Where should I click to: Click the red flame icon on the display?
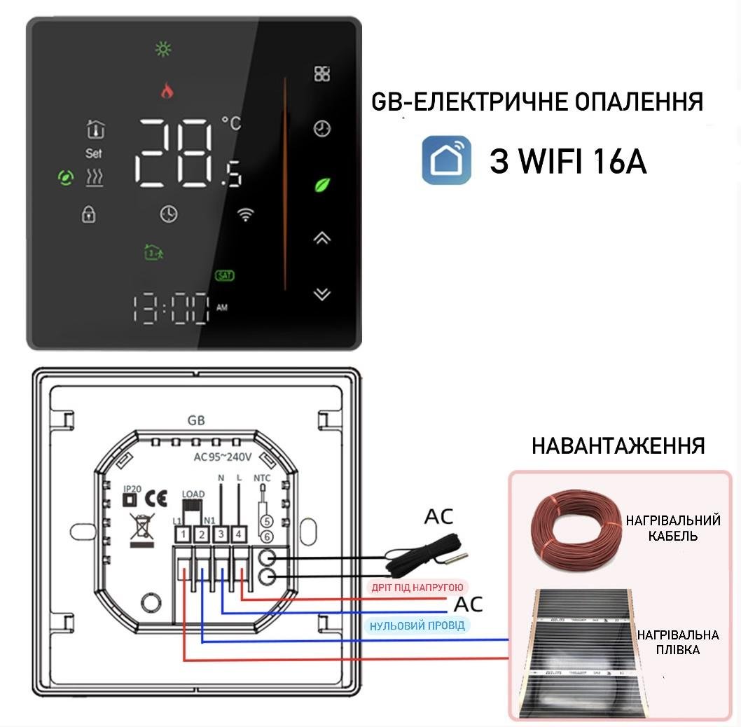click(x=167, y=90)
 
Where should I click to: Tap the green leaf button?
click(x=321, y=186)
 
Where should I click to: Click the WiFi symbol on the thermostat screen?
click(x=245, y=215)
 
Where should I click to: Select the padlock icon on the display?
click(x=88, y=214)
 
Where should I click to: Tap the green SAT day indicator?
click(x=225, y=275)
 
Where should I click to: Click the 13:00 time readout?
click(x=172, y=308)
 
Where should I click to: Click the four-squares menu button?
click(x=321, y=74)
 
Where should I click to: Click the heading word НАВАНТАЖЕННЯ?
click(x=618, y=446)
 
